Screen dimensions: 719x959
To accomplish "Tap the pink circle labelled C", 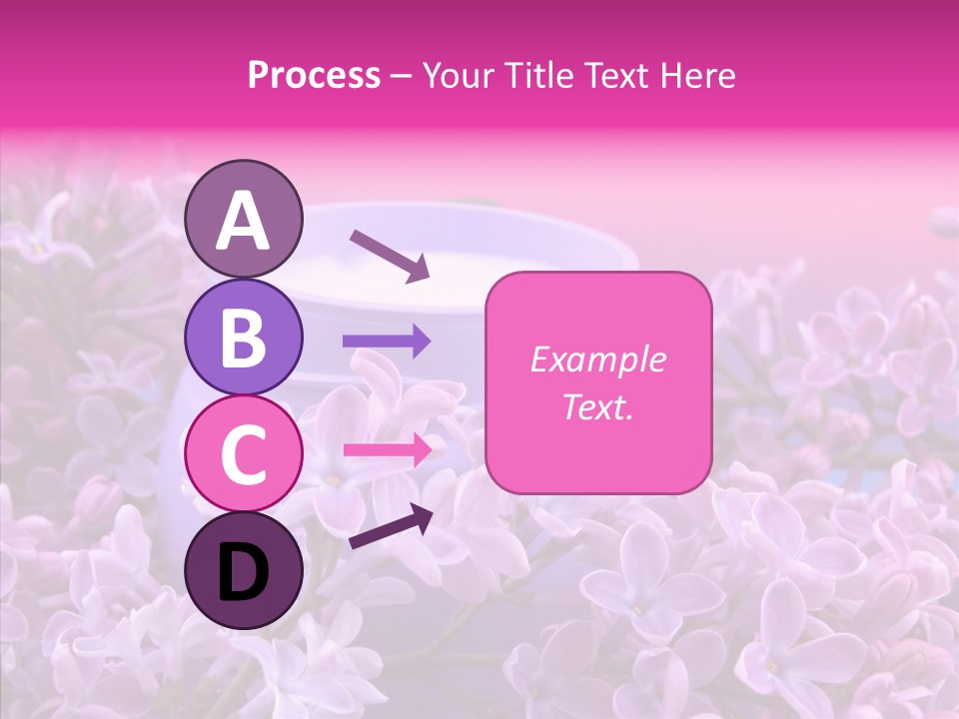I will click(x=244, y=453).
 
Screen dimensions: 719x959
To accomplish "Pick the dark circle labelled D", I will click(x=244, y=571).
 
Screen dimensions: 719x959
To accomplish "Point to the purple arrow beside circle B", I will click(x=387, y=342).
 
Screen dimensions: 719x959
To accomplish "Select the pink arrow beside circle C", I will click(x=387, y=449).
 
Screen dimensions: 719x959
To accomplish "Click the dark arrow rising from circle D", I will click(x=391, y=526).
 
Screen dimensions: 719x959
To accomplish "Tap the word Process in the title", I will click(x=314, y=75).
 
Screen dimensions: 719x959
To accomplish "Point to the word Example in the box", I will click(x=597, y=359).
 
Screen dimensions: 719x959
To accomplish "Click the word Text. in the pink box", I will click(x=597, y=406).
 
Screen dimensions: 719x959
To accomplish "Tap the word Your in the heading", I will click(x=458, y=75).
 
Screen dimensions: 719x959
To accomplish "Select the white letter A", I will click(x=244, y=221).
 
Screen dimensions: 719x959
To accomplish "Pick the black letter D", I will click(x=244, y=572).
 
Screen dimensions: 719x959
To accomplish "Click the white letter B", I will click(x=244, y=338).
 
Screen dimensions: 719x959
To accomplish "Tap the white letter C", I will click(x=244, y=454).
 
